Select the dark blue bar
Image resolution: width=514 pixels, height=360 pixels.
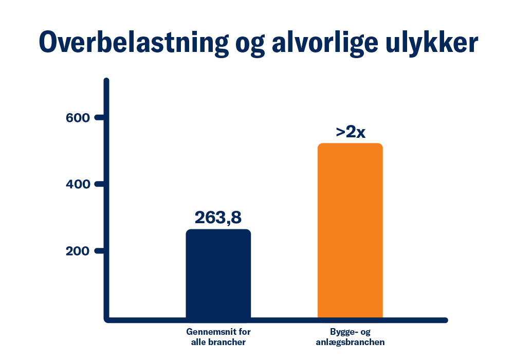click(218, 275)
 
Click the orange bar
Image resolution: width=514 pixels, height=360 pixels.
click(350, 231)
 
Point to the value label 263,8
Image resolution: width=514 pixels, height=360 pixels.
click(218, 218)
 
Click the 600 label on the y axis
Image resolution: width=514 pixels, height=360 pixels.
click(78, 118)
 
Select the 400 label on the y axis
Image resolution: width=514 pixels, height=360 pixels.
click(78, 184)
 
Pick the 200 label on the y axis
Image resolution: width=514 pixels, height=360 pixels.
click(78, 251)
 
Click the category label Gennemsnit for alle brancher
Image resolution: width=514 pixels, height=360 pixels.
click(218, 337)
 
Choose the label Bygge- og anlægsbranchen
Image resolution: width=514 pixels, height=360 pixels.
click(350, 337)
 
